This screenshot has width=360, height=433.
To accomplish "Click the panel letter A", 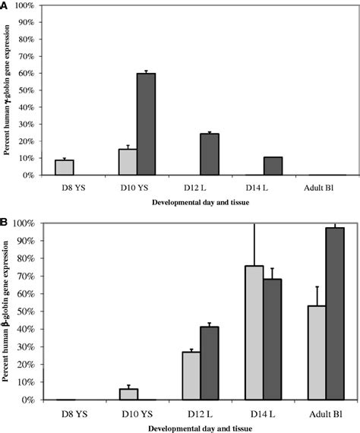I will click(5, 6).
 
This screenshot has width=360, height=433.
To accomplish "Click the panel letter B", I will click(5, 223).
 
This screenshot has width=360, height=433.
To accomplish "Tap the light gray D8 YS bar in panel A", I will click(65, 167).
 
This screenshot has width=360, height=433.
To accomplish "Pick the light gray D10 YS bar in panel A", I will click(128, 162).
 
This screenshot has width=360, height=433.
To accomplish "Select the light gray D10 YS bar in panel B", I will click(128, 394).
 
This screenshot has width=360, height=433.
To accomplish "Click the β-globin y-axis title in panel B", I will click(8, 312).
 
